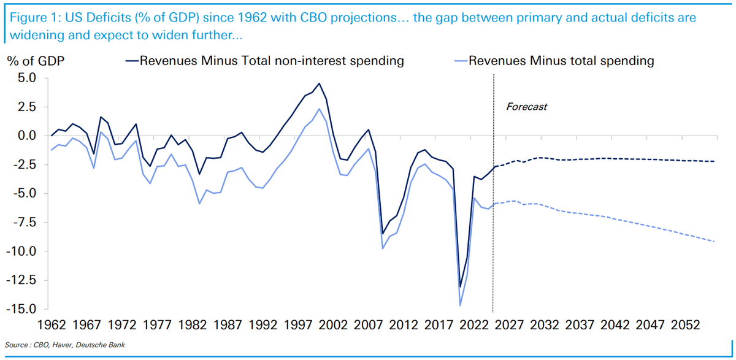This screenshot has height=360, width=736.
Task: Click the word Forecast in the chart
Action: coord(526,107)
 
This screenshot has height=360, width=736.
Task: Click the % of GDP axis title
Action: coord(36,61)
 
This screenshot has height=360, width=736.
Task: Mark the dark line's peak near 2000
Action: coord(319,83)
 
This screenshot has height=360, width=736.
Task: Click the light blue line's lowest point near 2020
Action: coord(460,305)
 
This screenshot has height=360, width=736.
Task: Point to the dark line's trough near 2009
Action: coord(383,234)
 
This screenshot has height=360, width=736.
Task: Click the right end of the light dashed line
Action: coord(715,242)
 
